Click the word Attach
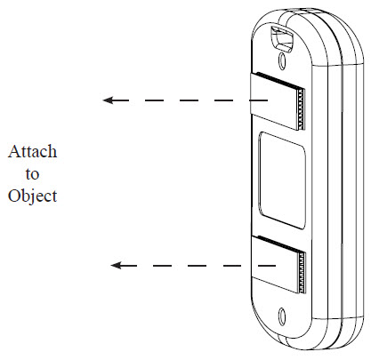[x=32, y=151]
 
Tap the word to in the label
[x=32, y=174]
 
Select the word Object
[x=32, y=196]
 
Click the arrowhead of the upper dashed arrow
[x=108, y=100]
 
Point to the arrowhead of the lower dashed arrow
[x=116, y=265]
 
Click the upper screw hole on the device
[x=281, y=60]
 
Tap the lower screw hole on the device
[x=282, y=315]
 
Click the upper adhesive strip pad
[x=278, y=100]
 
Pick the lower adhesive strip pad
[x=278, y=264]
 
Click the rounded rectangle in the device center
[x=282, y=180]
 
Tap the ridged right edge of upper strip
[x=301, y=109]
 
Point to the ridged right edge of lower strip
[x=302, y=273]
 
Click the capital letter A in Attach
[x=13, y=151]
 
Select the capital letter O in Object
[x=13, y=196]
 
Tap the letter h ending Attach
[x=52, y=151]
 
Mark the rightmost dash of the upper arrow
[x=259, y=100]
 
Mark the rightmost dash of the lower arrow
[x=267, y=266]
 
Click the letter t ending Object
[x=54, y=196]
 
